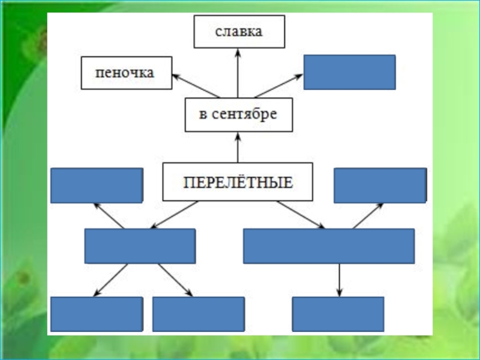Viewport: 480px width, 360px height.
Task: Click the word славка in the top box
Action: (x=239, y=32)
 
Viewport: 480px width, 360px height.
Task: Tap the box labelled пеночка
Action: (x=126, y=73)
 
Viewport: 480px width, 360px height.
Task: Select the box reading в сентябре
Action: (x=238, y=115)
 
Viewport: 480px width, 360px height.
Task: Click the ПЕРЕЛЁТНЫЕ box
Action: (x=238, y=181)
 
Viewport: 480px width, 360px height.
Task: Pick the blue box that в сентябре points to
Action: (x=349, y=72)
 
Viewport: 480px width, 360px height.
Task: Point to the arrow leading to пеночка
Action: (x=196, y=86)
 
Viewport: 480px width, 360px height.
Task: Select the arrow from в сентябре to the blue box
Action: (x=278, y=86)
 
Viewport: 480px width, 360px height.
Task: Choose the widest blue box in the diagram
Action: (x=329, y=246)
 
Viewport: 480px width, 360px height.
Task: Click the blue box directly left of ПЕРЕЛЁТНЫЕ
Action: (x=96, y=185)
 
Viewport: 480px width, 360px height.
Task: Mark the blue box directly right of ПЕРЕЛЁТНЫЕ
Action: (x=380, y=185)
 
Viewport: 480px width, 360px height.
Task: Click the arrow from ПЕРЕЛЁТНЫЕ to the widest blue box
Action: (x=300, y=215)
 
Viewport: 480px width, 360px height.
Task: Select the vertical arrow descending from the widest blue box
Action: (x=340, y=280)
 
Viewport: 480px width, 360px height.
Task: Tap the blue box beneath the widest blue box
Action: (x=338, y=314)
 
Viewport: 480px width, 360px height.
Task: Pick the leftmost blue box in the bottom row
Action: (x=96, y=314)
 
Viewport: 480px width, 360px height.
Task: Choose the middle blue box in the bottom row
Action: (x=198, y=314)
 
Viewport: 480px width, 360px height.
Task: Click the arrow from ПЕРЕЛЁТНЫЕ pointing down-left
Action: (x=174, y=215)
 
